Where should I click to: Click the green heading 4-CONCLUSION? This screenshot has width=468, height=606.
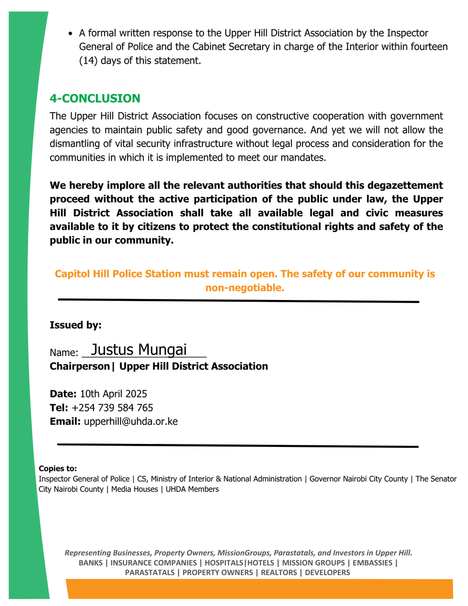pyautogui.click(x=95, y=98)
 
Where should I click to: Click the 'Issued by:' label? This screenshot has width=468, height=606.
pyautogui.click(x=75, y=325)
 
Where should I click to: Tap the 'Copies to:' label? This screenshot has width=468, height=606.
pyautogui.click(x=58, y=469)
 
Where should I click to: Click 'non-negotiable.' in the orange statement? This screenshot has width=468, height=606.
pyautogui.click(x=245, y=288)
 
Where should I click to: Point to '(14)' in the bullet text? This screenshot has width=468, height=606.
pyautogui.click(x=89, y=61)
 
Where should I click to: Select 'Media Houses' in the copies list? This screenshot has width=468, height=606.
pyautogui.click(x=134, y=489)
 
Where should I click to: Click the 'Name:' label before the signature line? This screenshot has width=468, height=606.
pyautogui.click(x=64, y=353)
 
